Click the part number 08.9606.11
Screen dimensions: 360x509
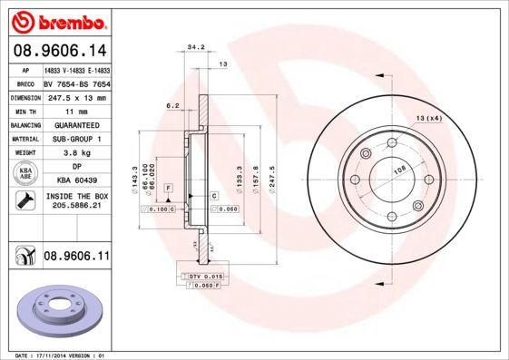click(x=76, y=258)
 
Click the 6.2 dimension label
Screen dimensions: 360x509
click(x=171, y=106)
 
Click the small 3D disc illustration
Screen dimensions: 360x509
click(x=60, y=310)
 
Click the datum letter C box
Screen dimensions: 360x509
click(x=214, y=196)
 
